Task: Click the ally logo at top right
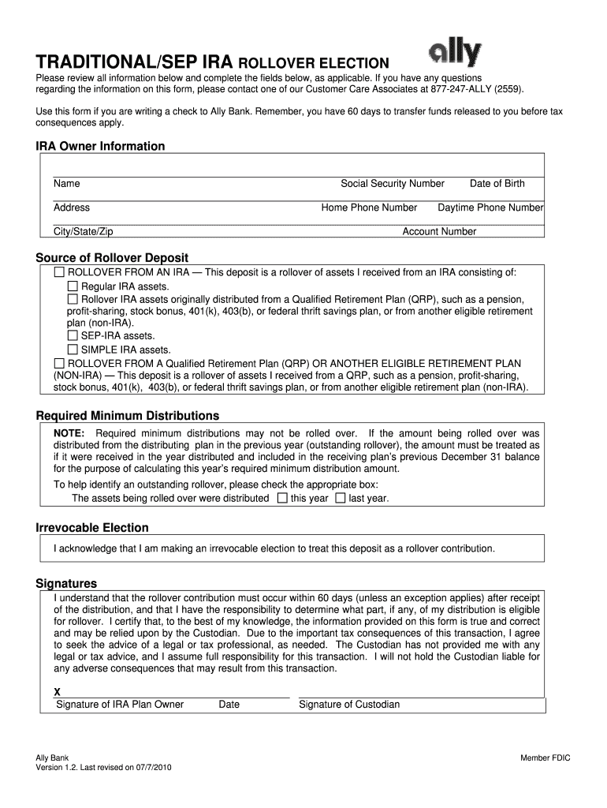pyautogui.click(x=454, y=54)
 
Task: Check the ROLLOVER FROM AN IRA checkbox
pyautogui.click(x=59, y=273)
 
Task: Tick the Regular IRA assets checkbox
pyautogui.click(x=73, y=286)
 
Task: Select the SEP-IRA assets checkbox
pyautogui.click(x=73, y=336)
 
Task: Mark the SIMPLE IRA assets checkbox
pyautogui.click(x=73, y=350)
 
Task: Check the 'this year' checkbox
pyautogui.click(x=282, y=499)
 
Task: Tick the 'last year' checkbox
pyautogui.click(x=340, y=499)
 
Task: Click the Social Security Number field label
pyautogui.click(x=393, y=184)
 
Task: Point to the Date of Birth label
pyautogui.click(x=497, y=184)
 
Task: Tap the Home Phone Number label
pyautogui.click(x=369, y=208)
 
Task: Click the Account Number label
pyautogui.click(x=439, y=232)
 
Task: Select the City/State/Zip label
pyautogui.click(x=84, y=232)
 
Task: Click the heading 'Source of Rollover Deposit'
pyautogui.click(x=112, y=258)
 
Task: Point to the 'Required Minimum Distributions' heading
pyautogui.click(x=128, y=416)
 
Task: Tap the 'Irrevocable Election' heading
pyautogui.click(x=92, y=528)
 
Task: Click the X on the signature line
pyautogui.click(x=57, y=692)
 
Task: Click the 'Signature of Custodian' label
pyautogui.click(x=349, y=705)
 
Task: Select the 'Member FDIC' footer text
pyautogui.click(x=545, y=758)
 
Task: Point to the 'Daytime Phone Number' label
pyautogui.click(x=490, y=208)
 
